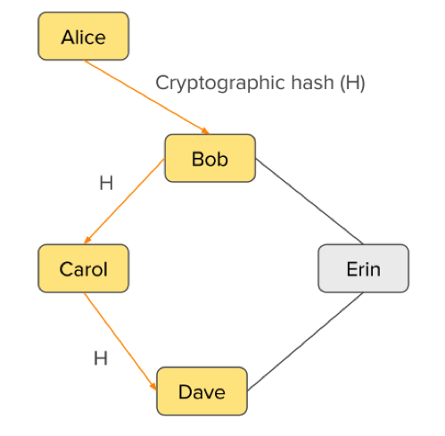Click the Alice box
tap(83, 36)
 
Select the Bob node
tap(210, 158)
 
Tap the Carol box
tap(83, 268)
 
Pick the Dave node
tap(202, 391)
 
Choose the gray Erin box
tap(363, 268)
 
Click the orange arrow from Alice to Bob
tap(146, 97)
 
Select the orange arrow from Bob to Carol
tap(125, 201)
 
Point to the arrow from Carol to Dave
tap(120, 341)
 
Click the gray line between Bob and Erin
tap(309, 202)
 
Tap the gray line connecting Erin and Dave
tap(305, 341)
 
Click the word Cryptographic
tap(221, 83)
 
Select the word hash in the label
tap(313, 82)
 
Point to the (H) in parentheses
tap(352, 83)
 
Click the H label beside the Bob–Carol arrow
tap(106, 183)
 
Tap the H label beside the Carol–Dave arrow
tap(101, 358)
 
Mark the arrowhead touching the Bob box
tap(205, 131)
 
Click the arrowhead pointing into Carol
tap(87, 240)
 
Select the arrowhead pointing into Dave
tap(153, 385)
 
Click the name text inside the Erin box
tap(364, 269)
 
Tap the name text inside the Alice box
tap(84, 37)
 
